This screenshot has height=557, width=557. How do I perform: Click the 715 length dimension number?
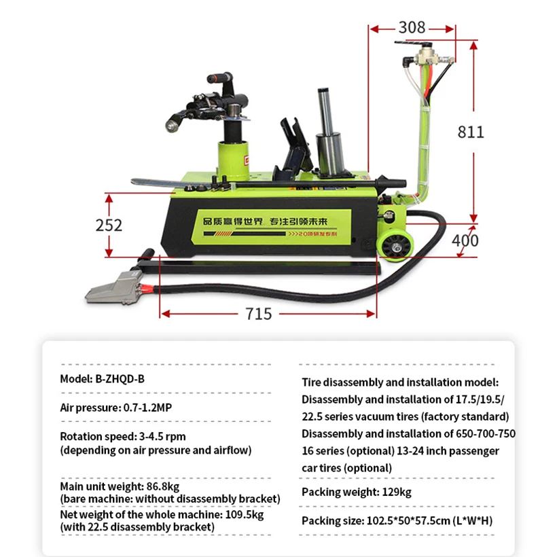(x=258, y=314)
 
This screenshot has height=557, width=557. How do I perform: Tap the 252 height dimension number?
(x=109, y=225)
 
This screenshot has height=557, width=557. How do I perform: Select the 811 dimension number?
(x=471, y=131)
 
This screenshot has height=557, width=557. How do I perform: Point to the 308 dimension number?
(x=412, y=27)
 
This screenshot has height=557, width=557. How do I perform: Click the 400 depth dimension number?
(x=465, y=240)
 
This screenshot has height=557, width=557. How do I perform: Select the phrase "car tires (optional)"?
(x=346, y=467)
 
